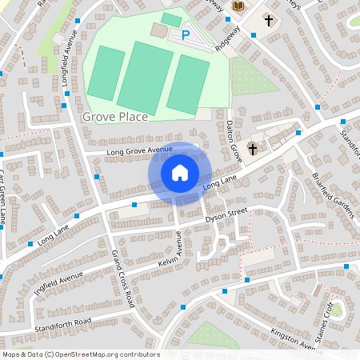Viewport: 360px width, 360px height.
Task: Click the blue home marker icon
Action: (x=179, y=173)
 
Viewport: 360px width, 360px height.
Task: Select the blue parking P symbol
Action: (x=186, y=34)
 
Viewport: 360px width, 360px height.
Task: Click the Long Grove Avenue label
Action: (x=140, y=150)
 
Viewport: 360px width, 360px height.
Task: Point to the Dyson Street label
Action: (x=227, y=214)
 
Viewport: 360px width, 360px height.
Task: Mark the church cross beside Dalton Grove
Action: (x=253, y=149)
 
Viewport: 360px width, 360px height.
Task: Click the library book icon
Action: (x=238, y=7)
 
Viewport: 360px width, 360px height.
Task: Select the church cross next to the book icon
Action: (x=269, y=19)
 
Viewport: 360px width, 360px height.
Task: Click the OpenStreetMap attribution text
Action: (x=80, y=354)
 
